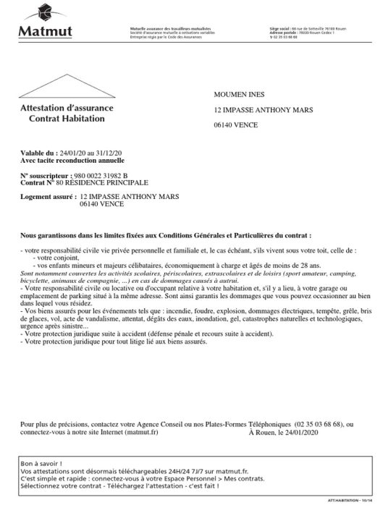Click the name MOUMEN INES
(x=242, y=96)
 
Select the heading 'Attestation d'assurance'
(x=67, y=107)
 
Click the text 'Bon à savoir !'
(x=41, y=462)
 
